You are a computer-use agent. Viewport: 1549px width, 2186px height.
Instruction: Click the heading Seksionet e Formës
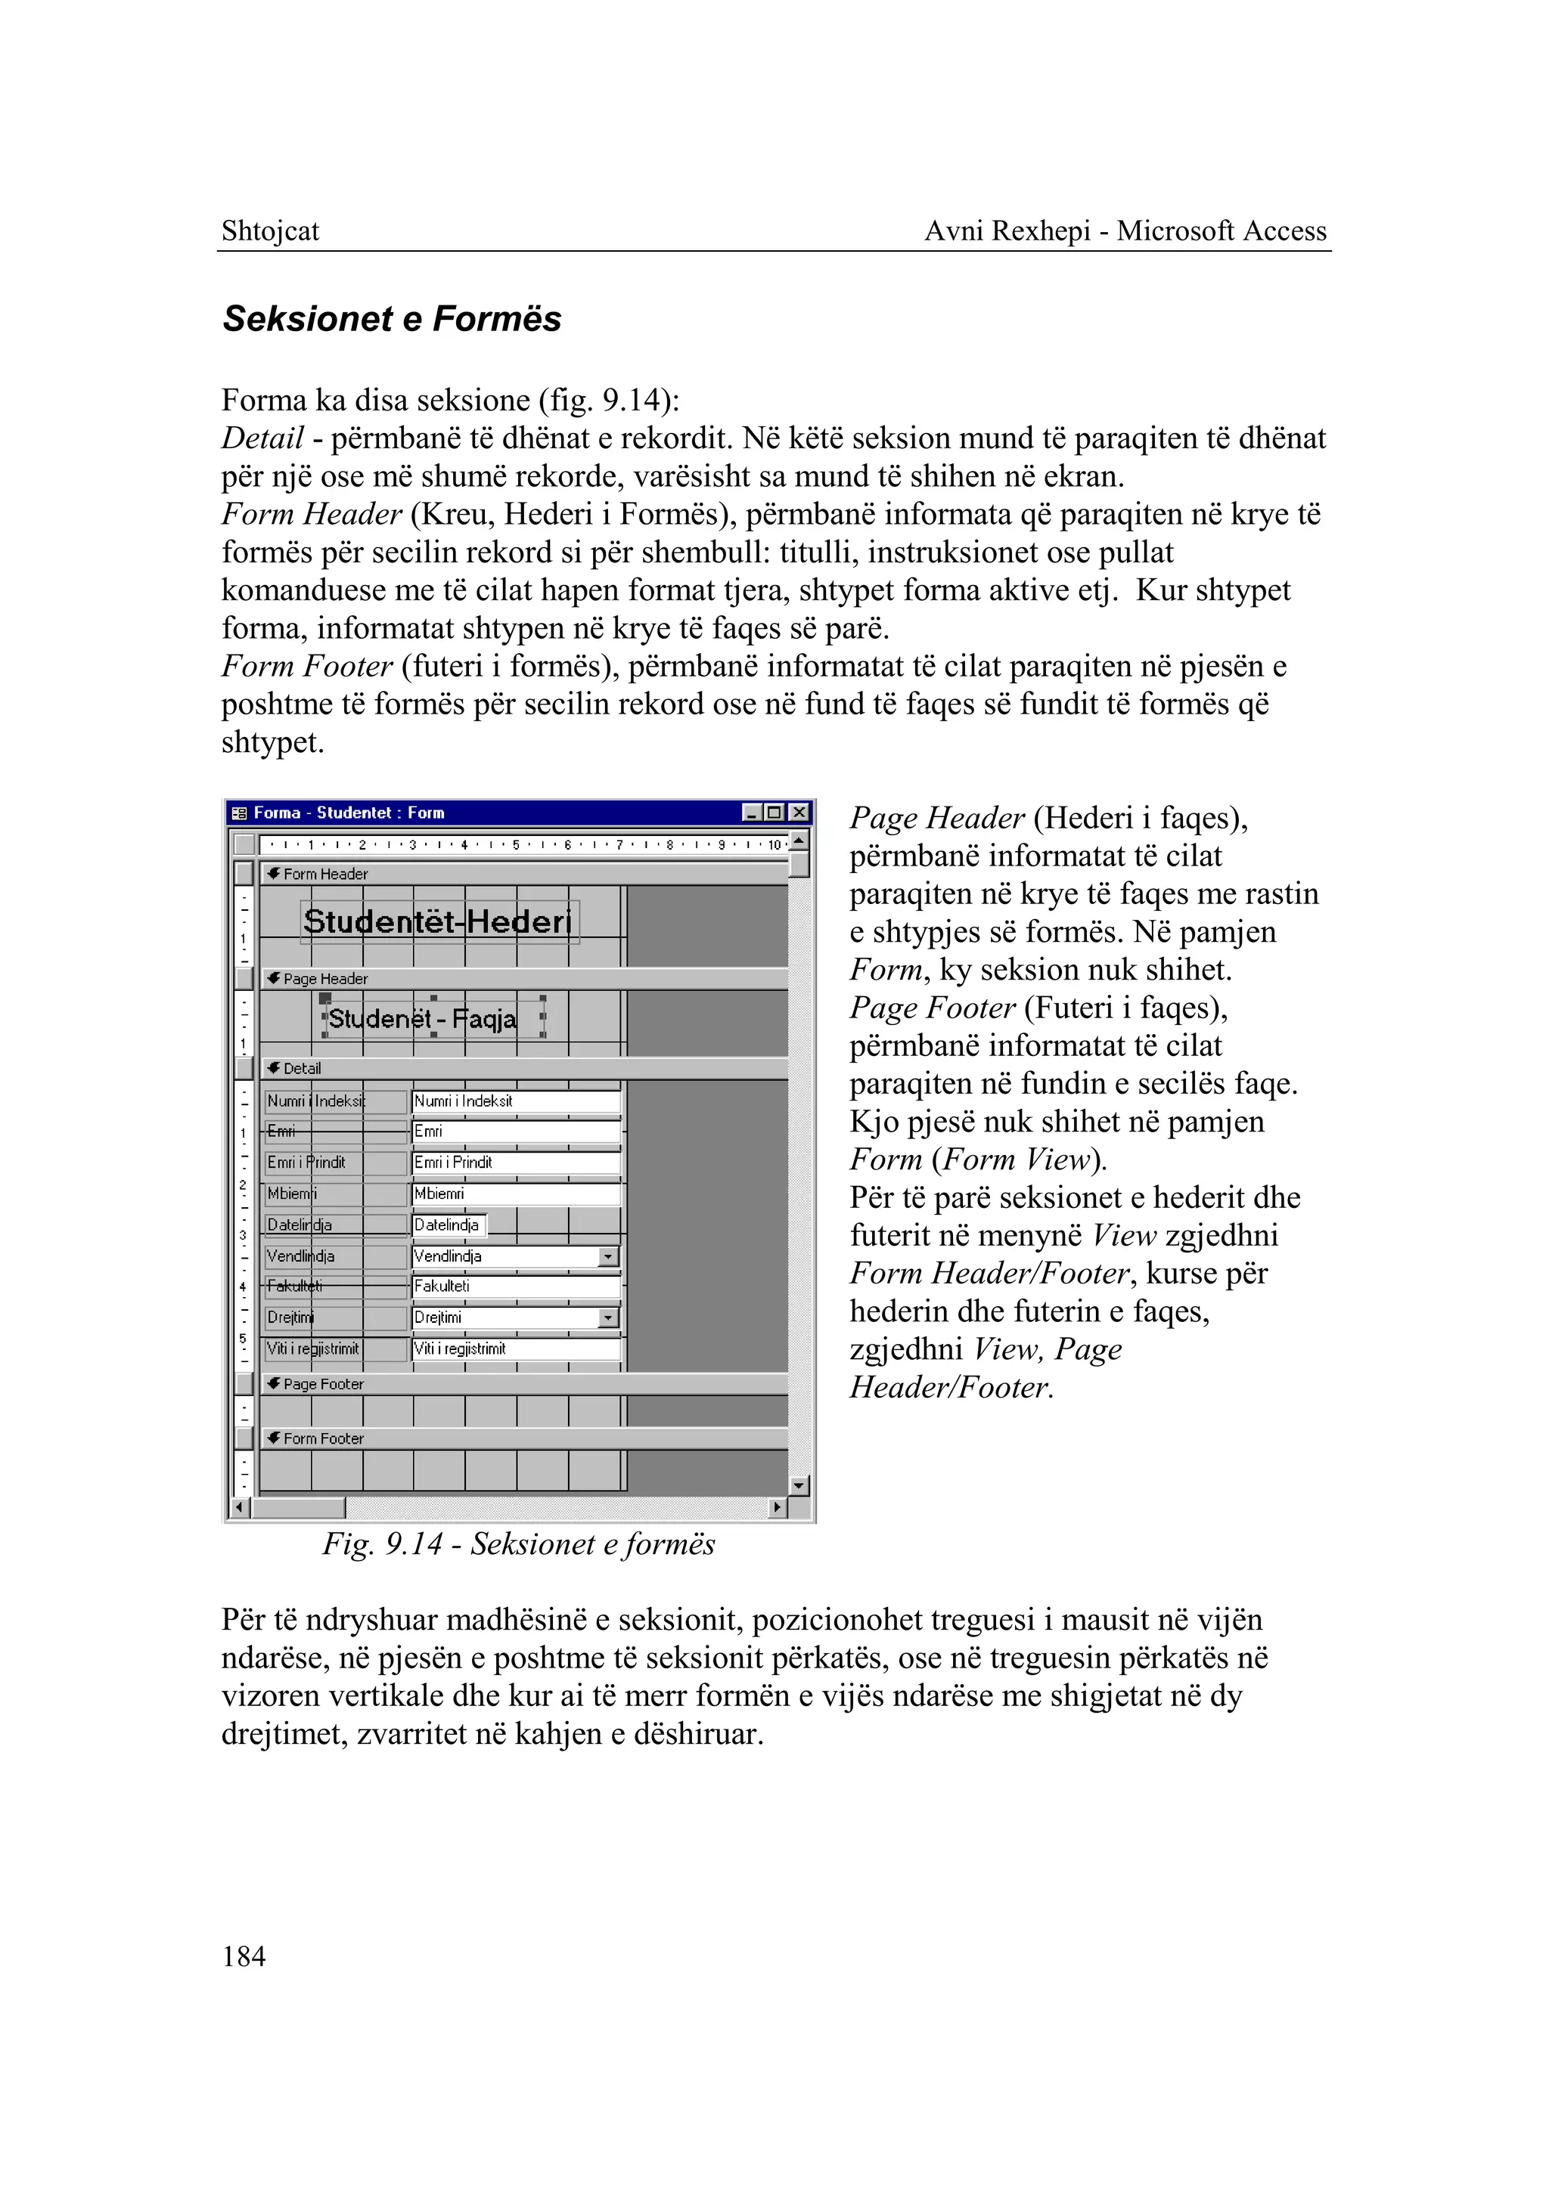click(x=392, y=318)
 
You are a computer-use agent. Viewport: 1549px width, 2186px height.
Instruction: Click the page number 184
click(x=244, y=1956)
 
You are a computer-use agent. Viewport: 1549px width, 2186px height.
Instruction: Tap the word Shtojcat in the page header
click(x=270, y=231)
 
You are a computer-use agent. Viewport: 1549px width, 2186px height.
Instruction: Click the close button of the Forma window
click(x=799, y=813)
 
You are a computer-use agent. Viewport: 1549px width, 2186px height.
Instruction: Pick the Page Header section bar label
click(x=325, y=978)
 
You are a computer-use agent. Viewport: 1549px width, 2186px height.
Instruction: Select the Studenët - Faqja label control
click(x=423, y=1018)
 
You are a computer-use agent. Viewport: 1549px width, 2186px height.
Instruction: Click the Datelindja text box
click(x=449, y=1225)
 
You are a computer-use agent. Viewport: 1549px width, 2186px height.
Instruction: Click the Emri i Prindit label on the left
click(x=307, y=1162)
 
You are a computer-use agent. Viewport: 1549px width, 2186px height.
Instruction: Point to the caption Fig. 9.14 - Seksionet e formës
click(x=518, y=1544)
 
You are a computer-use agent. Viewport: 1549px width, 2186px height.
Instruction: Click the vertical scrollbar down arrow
click(x=799, y=1485)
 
